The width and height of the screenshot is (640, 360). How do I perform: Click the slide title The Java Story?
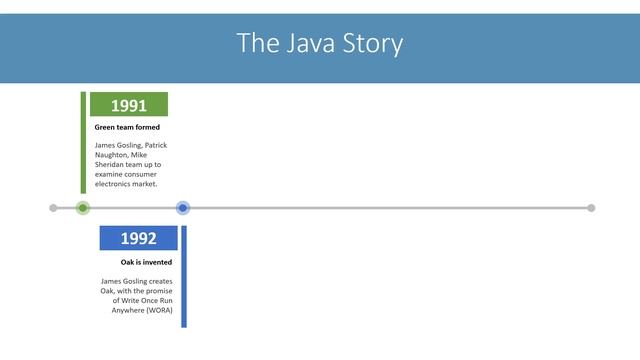coord(320,44)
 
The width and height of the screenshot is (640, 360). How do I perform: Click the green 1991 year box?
coord(129,105)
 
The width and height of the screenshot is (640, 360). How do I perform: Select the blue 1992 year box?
coord(139,238)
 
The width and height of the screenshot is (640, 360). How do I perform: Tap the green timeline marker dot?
coord(83,208)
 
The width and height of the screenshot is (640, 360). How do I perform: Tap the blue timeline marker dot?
coord(183,208)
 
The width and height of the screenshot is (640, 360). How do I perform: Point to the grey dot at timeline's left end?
coord(54,208)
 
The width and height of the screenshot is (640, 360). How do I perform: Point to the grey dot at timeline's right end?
coord(591,208)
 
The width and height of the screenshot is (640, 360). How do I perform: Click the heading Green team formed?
coord(127,128)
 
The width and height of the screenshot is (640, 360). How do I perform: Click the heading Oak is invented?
coord(146,262)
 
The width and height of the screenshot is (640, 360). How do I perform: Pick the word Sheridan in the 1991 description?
coord(112,165)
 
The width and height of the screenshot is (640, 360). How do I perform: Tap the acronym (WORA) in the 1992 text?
coord(157,310)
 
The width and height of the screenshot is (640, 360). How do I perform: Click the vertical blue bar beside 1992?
coord(184,276)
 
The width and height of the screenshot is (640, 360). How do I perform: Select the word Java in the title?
coord(300,44)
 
